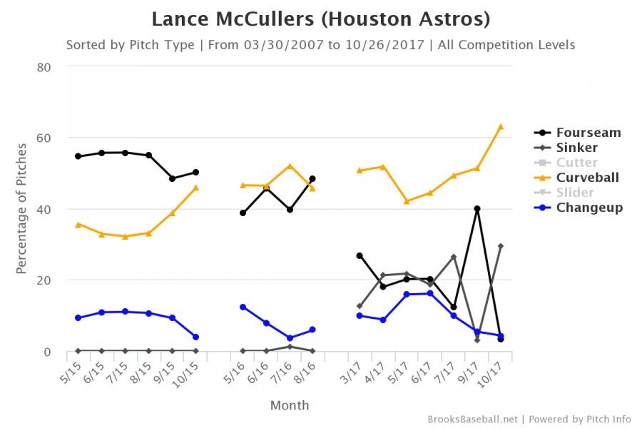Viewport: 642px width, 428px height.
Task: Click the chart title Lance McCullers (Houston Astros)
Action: coord(321,19)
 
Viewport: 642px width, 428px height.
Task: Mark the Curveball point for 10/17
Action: coord(501,126)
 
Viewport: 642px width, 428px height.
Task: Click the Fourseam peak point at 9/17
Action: coord(477,209)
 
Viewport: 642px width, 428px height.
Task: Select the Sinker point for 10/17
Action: coord(501,246)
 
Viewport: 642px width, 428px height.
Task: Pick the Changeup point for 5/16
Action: coord(243,307)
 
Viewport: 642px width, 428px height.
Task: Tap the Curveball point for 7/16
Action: coord(290,166)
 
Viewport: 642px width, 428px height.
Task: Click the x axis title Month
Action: coord(290,405)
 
